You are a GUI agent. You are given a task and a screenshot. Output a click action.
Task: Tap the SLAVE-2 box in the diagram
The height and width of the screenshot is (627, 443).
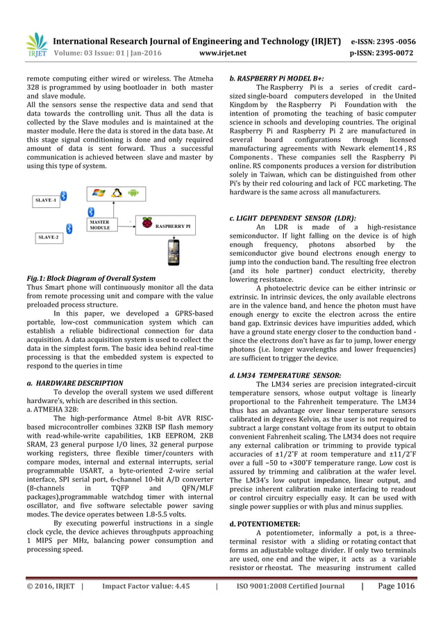tap(48, 237)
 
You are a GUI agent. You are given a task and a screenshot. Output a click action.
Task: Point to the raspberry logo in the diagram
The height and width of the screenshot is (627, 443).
tap(146, 224)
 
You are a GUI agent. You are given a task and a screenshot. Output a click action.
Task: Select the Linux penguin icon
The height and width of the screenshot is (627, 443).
tap(117, 193)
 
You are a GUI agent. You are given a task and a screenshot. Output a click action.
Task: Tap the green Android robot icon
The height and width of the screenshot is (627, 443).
tap(134, 193)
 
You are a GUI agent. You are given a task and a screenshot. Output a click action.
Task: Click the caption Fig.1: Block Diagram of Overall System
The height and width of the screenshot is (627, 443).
tap(91, 279)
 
